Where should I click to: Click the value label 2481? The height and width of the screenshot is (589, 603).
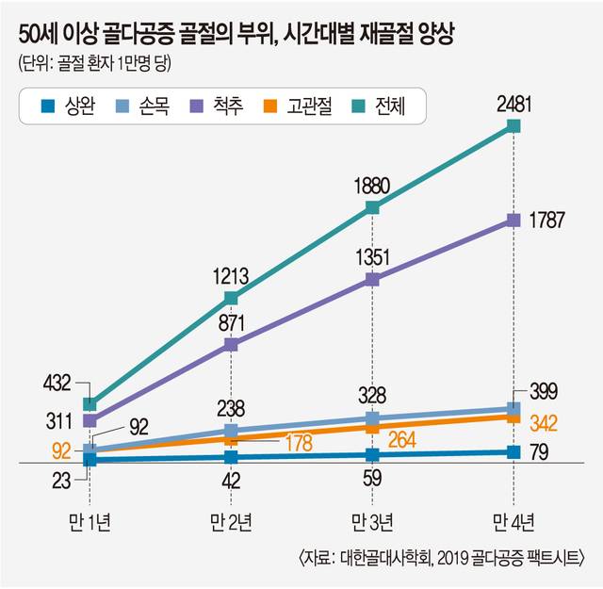tap(514, 102)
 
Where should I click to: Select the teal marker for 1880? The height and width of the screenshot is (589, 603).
tap(373, 207)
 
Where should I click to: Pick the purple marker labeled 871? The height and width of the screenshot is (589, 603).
tap(232, 345)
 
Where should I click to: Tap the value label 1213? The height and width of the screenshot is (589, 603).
tap(230, 276)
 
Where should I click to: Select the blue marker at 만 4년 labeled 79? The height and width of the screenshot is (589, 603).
tap(513, 452)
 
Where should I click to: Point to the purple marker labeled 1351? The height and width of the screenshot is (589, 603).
tap(373, 280)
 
